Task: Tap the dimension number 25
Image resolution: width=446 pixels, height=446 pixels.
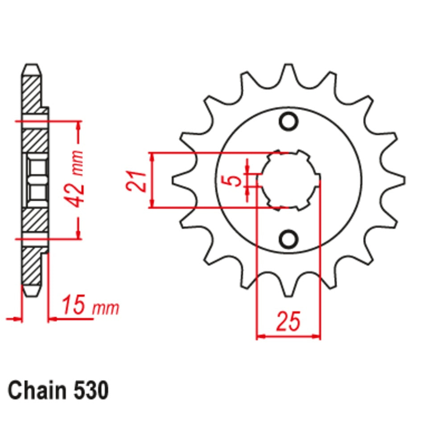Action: click(288, 322)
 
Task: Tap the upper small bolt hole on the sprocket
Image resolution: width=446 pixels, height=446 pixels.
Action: click(289, 121)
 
